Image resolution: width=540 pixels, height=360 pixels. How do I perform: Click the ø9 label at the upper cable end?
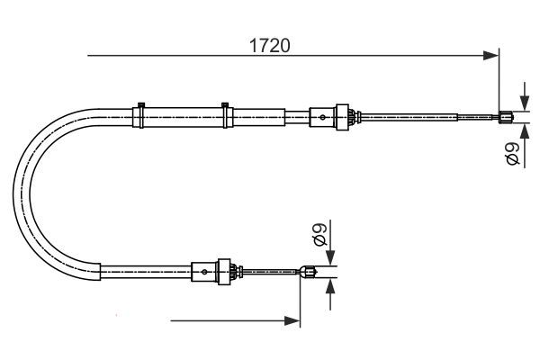[512, 153]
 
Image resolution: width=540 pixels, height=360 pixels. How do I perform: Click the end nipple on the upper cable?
[507, 115]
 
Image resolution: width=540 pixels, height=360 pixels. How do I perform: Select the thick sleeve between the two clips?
[183, 115]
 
